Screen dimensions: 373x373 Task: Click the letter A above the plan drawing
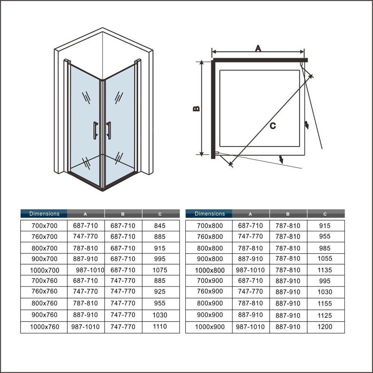(x=258, y=48)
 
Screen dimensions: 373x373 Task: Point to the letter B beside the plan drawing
(x=196, y=109)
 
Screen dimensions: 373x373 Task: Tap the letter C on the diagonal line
(x=273, y=126)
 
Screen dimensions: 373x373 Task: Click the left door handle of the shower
(x=95, y=130)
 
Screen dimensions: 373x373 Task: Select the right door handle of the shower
(x=109, y=130)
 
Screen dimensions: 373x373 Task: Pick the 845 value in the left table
(x=159, y=226)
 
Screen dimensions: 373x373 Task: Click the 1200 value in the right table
(x=325, y=327)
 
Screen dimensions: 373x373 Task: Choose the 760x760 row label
(x=44, y=291)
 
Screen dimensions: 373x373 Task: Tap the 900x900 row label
(x=210, y=315)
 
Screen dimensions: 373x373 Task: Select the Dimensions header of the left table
(x=44, y=214)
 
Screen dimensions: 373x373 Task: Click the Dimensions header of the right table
(x=210, y=214)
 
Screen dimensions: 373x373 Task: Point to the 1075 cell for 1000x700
(x=160, y=270)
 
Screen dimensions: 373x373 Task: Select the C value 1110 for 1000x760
(x=160, y=327)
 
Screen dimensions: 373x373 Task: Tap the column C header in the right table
(x=325, y=214)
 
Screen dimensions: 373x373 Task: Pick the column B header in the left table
(x=123, y=214)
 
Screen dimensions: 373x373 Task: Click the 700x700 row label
(x=44, y=226)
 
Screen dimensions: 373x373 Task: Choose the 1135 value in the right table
(x=325, y=270)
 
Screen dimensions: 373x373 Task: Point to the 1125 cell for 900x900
(x=325, y=316)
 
